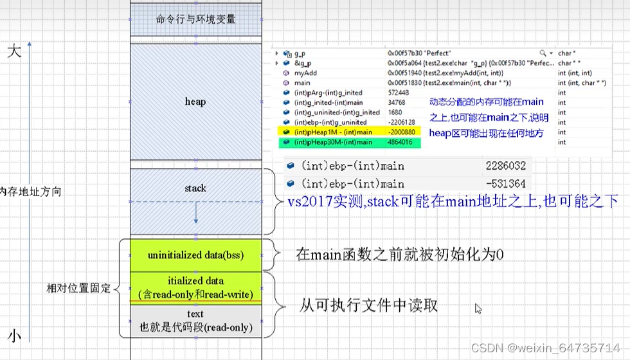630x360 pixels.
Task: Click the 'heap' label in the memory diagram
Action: [x=195, y=102]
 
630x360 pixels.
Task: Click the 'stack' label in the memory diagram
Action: [x=195, y=188]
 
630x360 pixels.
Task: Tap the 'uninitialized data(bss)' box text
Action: [x=195, y=255]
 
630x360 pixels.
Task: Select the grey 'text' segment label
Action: [x=195, y=314]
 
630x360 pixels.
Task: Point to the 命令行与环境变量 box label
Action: [x=195, y=19]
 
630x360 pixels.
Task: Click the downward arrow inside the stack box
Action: [x=195, y=218]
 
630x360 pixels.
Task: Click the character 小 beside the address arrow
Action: [x=15, y=336]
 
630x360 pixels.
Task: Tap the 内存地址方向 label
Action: [x=30, y=192]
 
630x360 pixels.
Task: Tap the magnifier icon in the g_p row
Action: [x=543, y=53]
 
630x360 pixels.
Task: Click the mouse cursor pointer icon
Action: [x=478, y=309]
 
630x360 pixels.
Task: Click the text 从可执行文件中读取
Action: [x=369, y=304]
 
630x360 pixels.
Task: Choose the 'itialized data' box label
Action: [x=195, y=281]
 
